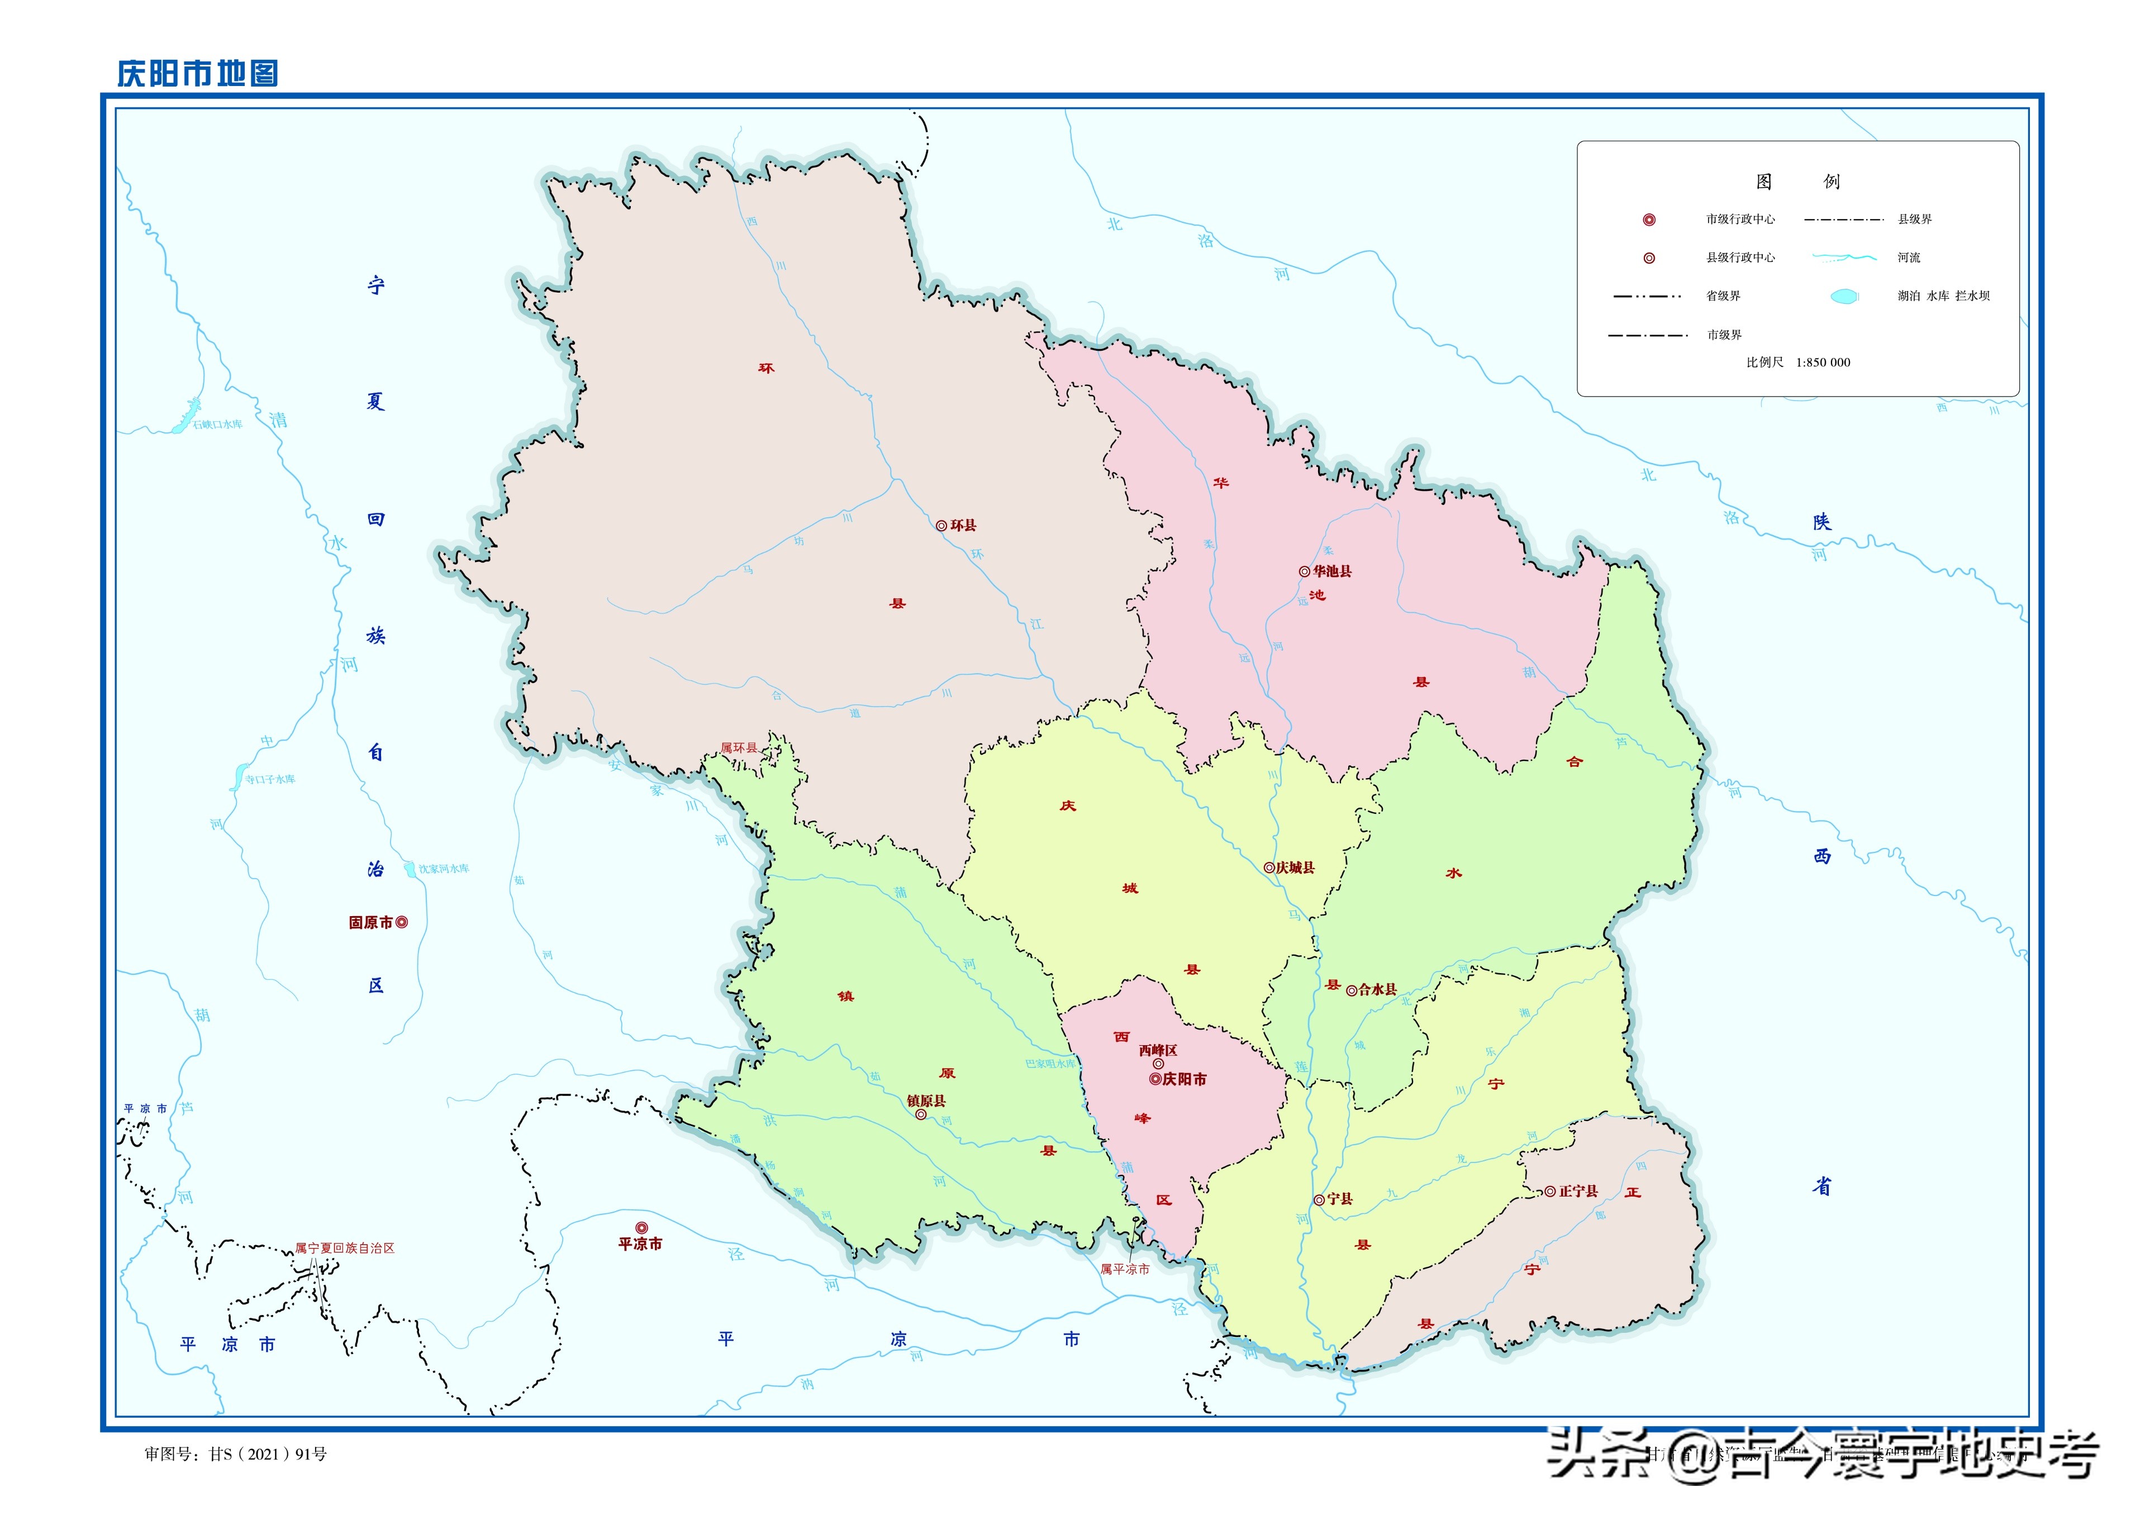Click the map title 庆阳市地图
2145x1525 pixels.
coord(197,73)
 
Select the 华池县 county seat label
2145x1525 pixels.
coord(1331,571)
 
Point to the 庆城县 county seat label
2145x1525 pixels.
coord(1295,868)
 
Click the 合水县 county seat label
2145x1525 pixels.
coord(1377,990)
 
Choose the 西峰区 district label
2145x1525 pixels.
coord(1158,1050)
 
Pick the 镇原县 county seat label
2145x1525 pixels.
coord(926,1100)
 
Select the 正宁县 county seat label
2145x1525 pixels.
coord(1578,1191)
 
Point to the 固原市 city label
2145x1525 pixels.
coord(371,923)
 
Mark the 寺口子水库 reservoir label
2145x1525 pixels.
coord(270,779)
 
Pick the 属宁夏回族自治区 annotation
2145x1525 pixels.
coord(345,1248)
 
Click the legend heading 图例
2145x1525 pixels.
coord(1797,181)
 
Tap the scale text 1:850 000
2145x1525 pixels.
coord(1823,363)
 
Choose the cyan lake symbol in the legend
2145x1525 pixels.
coord(1843,297)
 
